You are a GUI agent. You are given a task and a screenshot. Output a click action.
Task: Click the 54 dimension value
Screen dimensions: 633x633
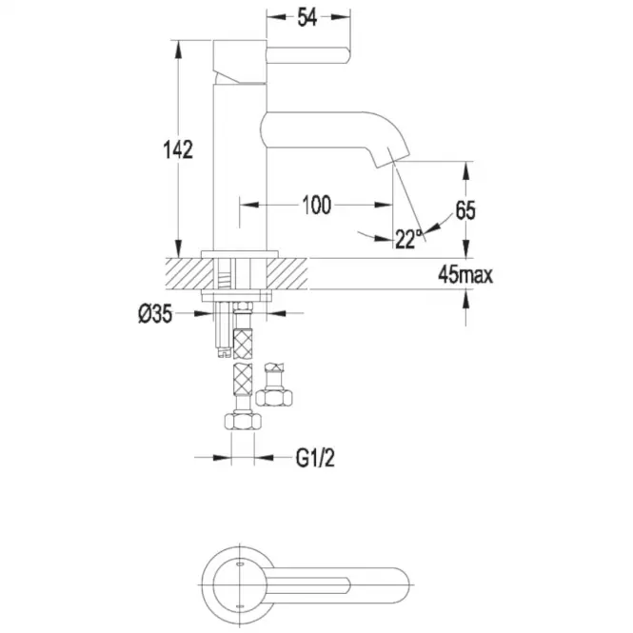pyautogui.click(x=307, y=17)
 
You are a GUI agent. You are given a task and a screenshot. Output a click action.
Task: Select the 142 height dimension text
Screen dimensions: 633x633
pyautogui.click(x=178, y=149)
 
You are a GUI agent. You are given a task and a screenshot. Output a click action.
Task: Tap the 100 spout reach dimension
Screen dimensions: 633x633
pyautogui.click(x=316, y=205)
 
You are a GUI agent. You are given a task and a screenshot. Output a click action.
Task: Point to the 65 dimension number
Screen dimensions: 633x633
pyautogui.click(x=465, y=210)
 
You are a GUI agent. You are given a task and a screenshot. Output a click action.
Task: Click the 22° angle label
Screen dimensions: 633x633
pyautogui.click(x=408, y=239)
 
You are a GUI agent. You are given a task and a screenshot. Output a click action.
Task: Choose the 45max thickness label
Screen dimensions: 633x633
pyautogui.click(x=465, y=275)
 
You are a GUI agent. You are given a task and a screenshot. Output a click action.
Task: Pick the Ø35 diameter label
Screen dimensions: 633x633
pyautogui.click(x=155, y=314)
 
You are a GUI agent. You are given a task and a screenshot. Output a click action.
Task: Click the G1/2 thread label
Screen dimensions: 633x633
pyautogui.click(x=315, y=458)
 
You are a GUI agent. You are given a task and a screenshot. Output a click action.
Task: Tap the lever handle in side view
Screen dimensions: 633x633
pyautogui.click(x=307, y=55)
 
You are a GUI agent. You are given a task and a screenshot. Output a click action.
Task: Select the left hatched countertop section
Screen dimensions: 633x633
pyautogui.click(x=188, y=273)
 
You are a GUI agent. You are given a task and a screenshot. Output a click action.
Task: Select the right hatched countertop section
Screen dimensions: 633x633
pyautogui.click(x=287, y=273)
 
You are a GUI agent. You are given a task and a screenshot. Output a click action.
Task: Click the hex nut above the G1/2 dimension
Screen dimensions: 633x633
pyautogui.click(x=243, y=420)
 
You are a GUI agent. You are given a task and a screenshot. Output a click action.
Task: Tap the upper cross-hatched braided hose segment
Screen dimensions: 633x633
pyautogui.click(x=243, y=344)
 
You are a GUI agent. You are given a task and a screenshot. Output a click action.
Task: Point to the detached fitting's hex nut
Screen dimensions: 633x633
pyautogui.click(x=274, y=397)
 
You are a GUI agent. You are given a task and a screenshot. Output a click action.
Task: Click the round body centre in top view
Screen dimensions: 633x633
pyautogui.click(x=240, y=585)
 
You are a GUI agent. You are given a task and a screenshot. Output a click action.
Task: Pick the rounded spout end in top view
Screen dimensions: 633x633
pyautogui.click(x=401, y=585)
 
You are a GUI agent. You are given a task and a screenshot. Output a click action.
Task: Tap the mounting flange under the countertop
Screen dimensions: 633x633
pyautogui.click(x=237, y=296)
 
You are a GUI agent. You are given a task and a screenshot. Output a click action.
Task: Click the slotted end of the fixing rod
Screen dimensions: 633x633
pyautogui.click(x=224, y=353)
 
